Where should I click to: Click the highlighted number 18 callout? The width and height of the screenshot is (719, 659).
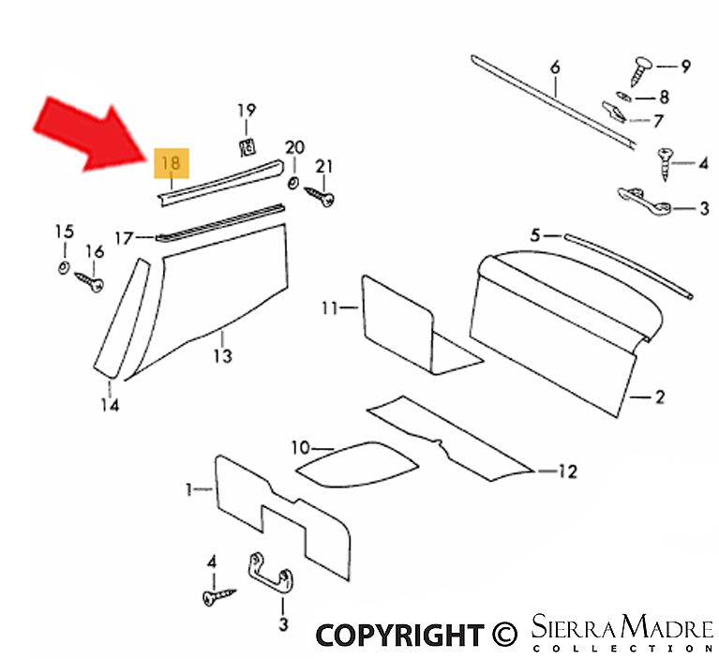click(x=171, y=163)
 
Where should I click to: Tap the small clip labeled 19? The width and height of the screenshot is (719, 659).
click(x=247, y=147)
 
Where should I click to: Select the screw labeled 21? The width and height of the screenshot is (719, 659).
click(x=320, y=196)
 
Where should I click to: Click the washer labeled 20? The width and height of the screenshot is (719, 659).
click(x=293, y=184)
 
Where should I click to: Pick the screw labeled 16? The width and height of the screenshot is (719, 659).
click(x=89, y=281)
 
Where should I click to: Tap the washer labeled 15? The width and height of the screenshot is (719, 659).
click(x=64, y=267)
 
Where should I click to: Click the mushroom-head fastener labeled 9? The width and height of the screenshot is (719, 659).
click(x=641, y=70)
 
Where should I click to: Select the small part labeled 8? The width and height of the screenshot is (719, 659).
click(x=623, y=97)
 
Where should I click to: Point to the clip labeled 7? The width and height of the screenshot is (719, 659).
click(x=613, y=112)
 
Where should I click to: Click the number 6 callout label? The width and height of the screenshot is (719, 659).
click(x=555, y=67)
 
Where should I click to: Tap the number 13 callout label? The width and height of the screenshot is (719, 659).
click(x=222, y=355)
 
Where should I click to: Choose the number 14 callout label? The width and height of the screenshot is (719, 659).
click(x=110, y=405)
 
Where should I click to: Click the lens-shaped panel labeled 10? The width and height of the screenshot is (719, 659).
click(x=357, y=465)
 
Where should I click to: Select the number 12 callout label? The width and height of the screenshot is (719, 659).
click(x=567, y=472)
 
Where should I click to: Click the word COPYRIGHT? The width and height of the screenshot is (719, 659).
click(x=400, y=635)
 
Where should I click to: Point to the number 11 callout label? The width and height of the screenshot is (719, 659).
click(x=330, y=308)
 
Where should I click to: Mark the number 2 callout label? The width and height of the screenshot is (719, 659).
click(x=660, y=397)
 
